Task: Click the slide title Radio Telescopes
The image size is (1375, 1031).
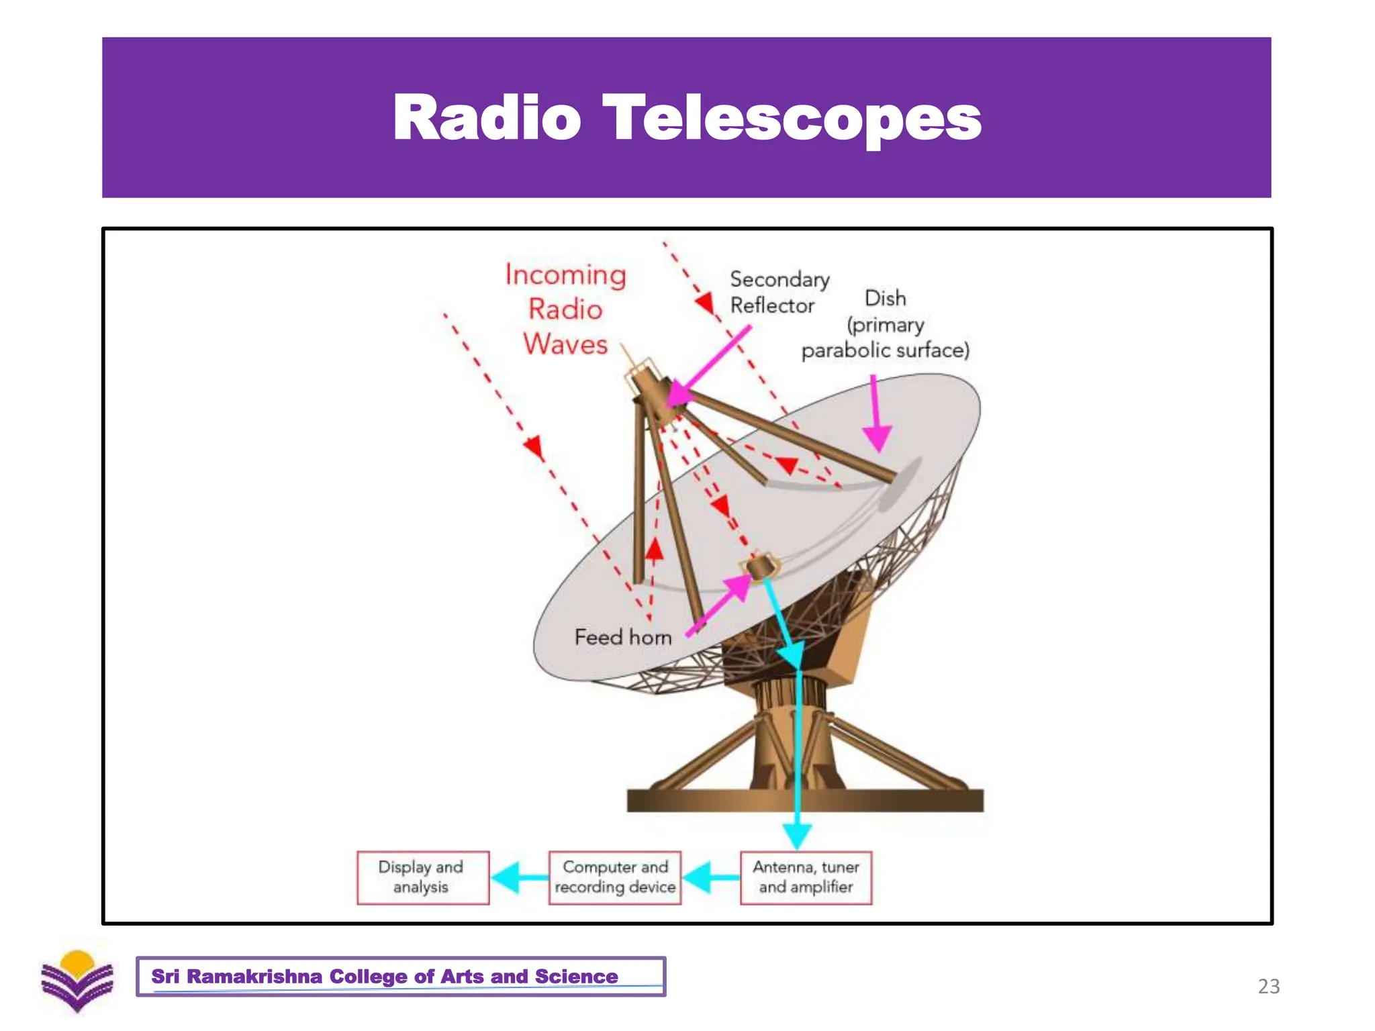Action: coord(687,118)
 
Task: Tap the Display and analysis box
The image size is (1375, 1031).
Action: coord(422,877)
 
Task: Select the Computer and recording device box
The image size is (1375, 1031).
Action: coord(614,877)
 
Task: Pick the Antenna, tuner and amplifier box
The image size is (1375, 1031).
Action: coord(806,877)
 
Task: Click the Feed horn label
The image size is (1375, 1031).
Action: coord(622,637)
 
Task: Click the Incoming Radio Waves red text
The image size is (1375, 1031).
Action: coord(565,309)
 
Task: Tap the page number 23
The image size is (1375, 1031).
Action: coord(1268,986)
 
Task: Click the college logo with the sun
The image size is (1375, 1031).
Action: coord(77,981)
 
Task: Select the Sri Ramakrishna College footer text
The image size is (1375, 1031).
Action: coord(384,976)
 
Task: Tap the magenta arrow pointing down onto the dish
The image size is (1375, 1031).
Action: coord(875,416)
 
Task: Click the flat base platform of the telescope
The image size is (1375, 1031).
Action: coord(804,800)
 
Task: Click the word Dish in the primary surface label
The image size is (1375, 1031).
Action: coord(885,298)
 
